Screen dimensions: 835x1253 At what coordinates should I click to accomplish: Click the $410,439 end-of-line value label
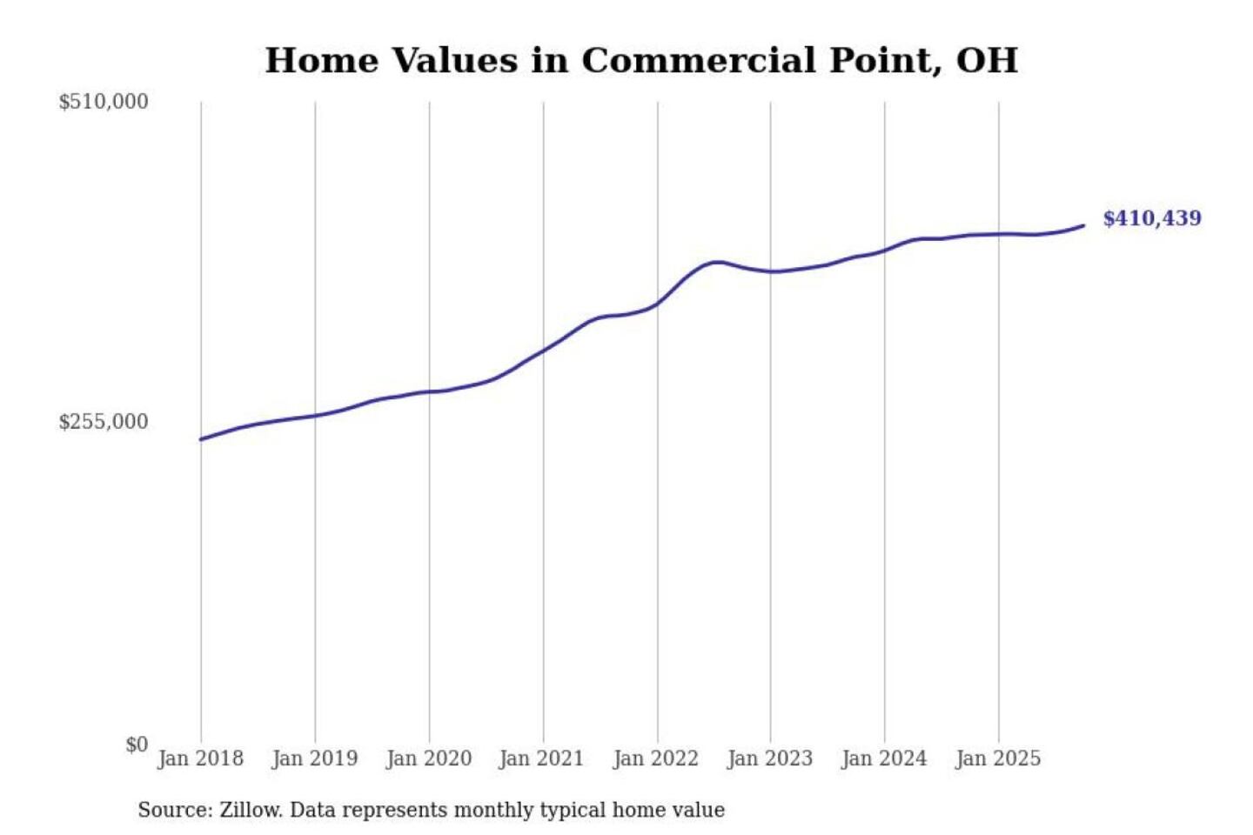(x=1151, y=218)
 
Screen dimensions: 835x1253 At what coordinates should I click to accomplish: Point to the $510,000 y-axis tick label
(x=104, y=102)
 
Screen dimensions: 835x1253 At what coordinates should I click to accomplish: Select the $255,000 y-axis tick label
(x=104, y=422)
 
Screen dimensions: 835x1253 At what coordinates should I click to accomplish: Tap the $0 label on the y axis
(x=137, y=745)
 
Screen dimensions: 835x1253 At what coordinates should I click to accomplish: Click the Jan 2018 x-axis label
(x=200, y=758)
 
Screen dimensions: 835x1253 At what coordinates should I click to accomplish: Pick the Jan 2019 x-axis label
(x=314, y=758)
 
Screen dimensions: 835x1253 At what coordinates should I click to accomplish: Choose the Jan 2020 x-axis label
(x=428, y=758)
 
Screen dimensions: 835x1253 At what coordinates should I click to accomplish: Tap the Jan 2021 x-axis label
(x=541, y=758)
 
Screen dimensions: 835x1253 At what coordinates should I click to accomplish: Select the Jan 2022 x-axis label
(x=655, y=758)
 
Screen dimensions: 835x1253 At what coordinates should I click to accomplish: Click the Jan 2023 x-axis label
(x=769, y=758)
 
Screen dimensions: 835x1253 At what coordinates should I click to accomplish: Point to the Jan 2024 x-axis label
(x=883, y=758)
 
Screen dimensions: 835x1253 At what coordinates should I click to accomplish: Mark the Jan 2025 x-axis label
(x=997, y=758)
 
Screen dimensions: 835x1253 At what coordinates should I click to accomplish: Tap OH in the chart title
(x=987, y=61)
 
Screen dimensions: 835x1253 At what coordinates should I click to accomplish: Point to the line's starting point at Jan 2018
(x=201, y=439)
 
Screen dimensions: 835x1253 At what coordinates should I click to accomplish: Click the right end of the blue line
(x=1083, y=225)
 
